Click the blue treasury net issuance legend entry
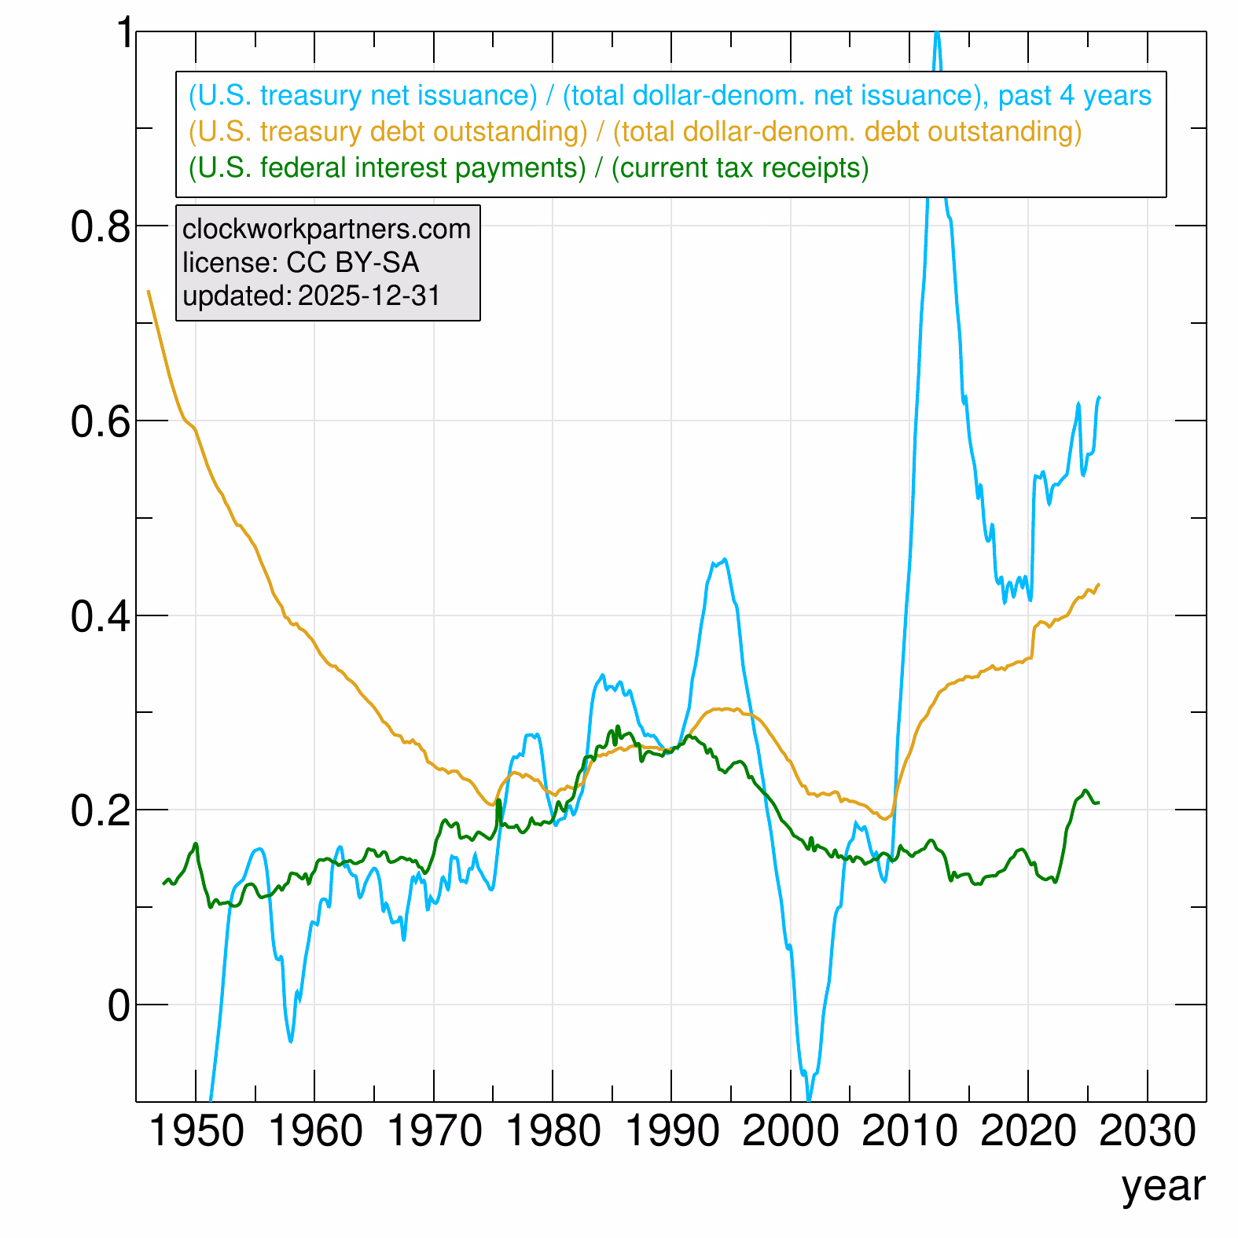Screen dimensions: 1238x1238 click(x=670, y=96)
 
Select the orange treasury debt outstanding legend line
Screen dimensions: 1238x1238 click(x=635, y=132)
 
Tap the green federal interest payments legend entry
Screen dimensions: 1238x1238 click(x=528, y=168)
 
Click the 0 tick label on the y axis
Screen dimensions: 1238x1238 click(x=119, y=1006)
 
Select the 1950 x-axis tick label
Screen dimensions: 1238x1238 click(x=196, y=1133)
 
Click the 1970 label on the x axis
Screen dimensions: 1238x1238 click(x=434, y=1133)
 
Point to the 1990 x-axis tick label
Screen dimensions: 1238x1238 click(x=672, y=1133)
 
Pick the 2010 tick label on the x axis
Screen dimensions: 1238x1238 click(x=909, y=1133)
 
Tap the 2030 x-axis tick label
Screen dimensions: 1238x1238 click(x=1148, y=1133)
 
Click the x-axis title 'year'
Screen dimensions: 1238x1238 click(x=1163, y=1186)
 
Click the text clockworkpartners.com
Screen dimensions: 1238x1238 click(x=326, y=230)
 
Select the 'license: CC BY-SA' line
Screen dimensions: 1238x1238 click(x=300, y=263)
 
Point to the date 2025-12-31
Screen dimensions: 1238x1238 click(x=369, y=296)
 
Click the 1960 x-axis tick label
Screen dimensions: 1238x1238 click(x=315, y=1133)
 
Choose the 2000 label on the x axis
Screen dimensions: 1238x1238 click(x=791, y=1133)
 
